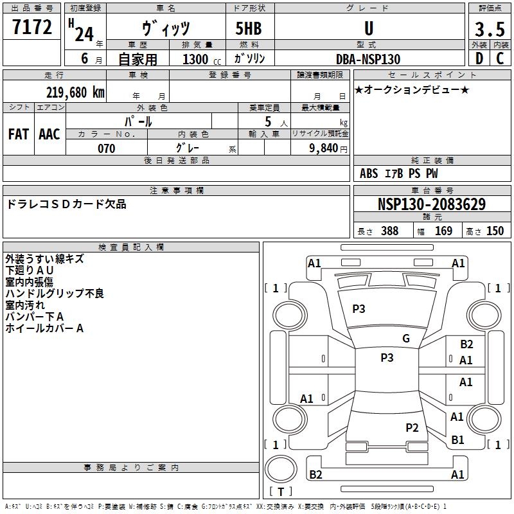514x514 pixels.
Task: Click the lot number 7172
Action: [32, 28]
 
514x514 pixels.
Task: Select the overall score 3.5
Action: [488, 29]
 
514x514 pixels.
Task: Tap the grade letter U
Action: [369, 29]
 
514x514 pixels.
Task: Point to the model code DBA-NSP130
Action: [368, 59]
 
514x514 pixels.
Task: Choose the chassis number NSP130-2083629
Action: [432, 205]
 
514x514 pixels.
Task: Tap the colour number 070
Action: [106, 148]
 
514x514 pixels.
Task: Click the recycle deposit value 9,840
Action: [324, 148]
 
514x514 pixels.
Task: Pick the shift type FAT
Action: [19, 134]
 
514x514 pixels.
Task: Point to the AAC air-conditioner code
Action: [49, 134]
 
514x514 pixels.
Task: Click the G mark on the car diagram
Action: [405, 339]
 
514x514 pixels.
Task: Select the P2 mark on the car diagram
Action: [412, 427]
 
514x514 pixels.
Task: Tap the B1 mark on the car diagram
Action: [457, 440]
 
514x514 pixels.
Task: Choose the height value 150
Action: [495, 231]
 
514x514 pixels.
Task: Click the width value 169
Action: [443, 231]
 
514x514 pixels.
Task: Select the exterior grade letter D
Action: [479, 58]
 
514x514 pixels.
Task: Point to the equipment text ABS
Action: [369, 173]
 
